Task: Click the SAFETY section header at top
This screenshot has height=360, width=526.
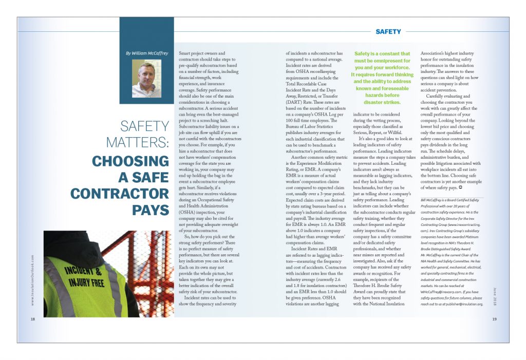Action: [388, 32]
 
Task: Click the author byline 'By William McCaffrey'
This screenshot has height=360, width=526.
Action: [146, 53]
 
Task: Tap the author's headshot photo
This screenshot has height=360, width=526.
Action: [146, 80]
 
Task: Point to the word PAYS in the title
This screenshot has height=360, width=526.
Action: [151, 211]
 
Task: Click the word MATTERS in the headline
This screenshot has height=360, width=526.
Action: [138, 141]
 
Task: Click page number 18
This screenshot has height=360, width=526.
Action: [32, 319]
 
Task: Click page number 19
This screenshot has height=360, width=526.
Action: [494, 319]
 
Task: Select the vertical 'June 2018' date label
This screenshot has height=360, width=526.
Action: [495, 296]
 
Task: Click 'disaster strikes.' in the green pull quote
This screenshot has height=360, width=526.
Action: [381, 102]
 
